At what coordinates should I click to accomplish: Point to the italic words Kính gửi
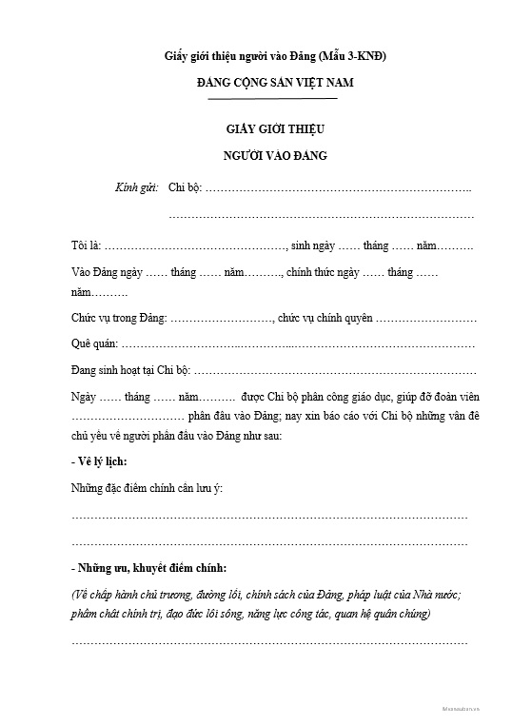pos(136,188)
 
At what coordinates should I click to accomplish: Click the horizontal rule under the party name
pos(272,99)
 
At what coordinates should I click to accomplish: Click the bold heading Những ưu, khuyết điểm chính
pos(148,569)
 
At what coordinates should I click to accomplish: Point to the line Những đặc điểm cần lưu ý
pos(147,489)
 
